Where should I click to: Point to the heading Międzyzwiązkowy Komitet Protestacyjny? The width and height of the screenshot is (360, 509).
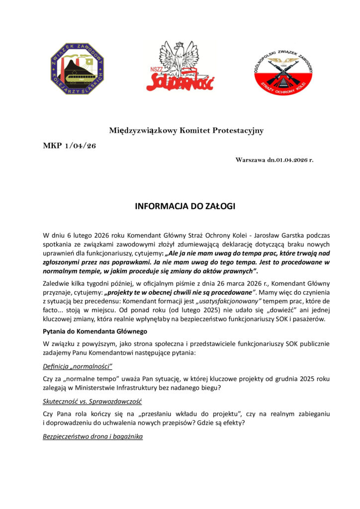point(186,131)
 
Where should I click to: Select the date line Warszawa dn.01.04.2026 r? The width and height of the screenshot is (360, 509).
point(274,160)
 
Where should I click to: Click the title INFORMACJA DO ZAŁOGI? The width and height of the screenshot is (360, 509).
point(180,206)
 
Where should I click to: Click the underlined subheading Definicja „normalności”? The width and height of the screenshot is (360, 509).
point(78,366)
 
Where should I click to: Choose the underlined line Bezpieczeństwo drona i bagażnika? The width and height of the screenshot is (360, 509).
point(93,436)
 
